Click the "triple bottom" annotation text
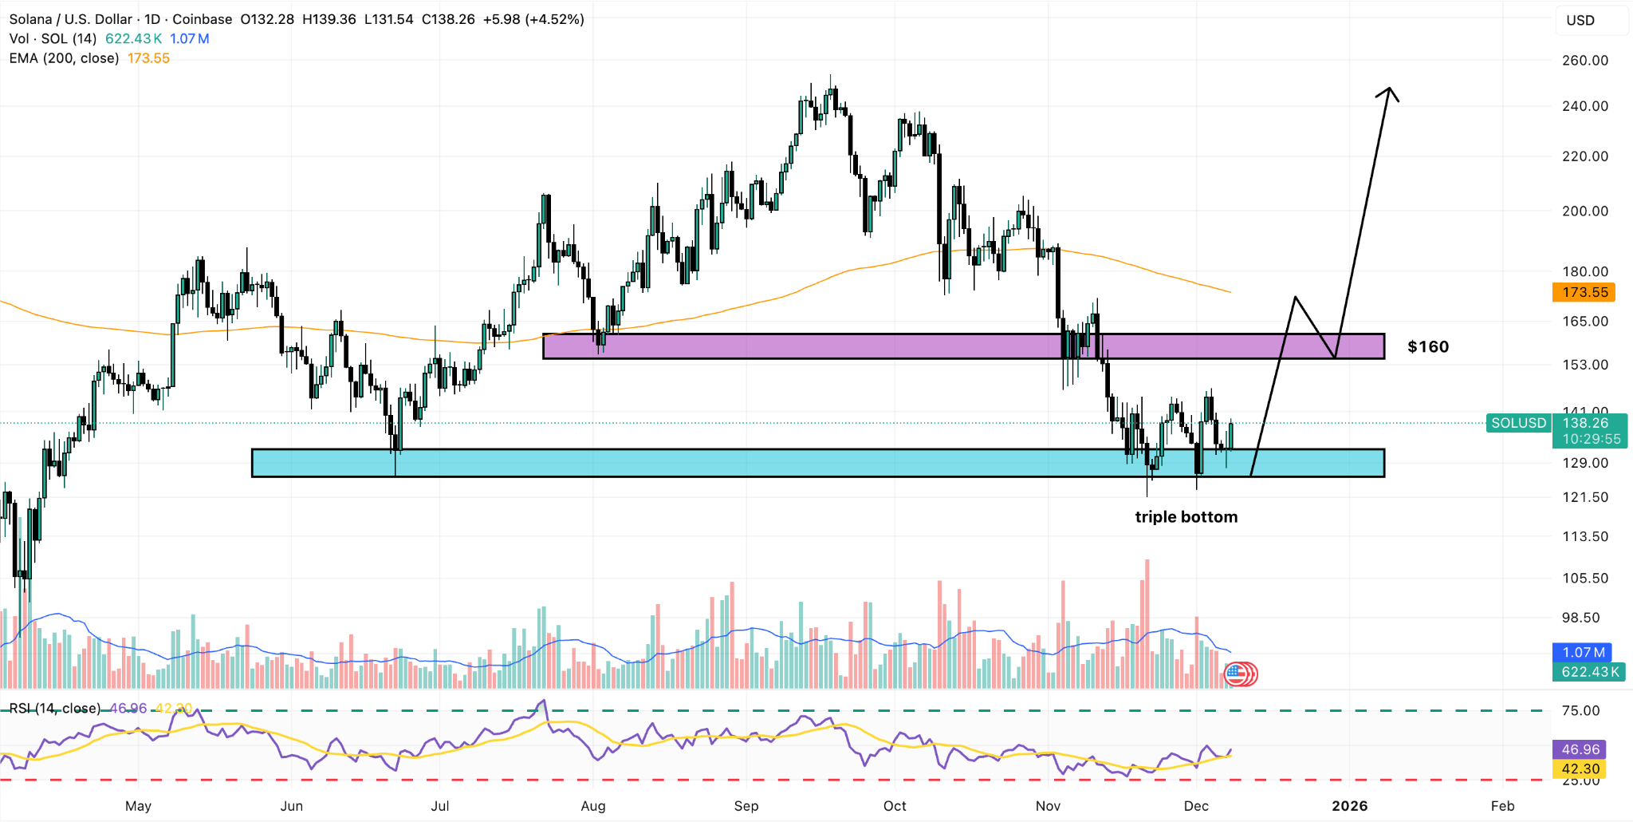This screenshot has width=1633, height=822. (x=1186, y=517)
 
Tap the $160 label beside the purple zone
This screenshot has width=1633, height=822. (x=1427, y=347)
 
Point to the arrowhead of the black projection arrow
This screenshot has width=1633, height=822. (x=1388, y=91)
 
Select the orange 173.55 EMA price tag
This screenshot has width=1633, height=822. (x=1584, y=293)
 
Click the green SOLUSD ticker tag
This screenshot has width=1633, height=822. (x=1518, y=423)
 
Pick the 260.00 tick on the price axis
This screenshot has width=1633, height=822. (x=1584, y=61)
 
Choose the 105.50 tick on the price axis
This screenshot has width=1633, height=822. (x=1584, y=579)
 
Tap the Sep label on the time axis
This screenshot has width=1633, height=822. (x=746, y=806)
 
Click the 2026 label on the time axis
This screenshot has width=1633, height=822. (x=1349, y=806)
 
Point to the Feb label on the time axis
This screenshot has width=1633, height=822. (x=1502, y=806)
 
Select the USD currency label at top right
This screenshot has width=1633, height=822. (x=1580, y=21)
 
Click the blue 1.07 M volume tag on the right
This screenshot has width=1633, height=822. (x=1582, y=653)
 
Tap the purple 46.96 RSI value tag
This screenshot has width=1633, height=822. (x=1580, y=749)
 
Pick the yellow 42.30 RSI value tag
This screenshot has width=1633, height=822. (x=1580, y=769)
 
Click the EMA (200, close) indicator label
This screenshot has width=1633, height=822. (x=65, y=58)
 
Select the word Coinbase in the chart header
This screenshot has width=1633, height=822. (x=203, y=19)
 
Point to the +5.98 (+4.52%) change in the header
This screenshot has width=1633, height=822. (x=533, y=19)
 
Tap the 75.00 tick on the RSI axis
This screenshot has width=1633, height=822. (x=1580, y=711)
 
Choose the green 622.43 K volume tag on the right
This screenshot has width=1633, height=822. (x=1590, y=672)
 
